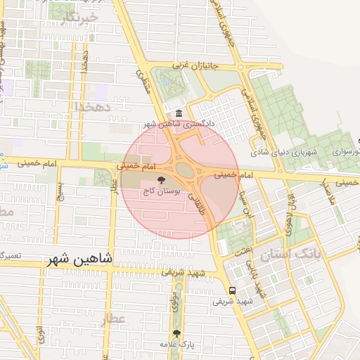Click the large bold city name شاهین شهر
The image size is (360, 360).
pyautogui.click(x=79, y=259)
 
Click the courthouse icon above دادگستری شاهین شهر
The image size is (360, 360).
pyautogui.click(x=179, y=114)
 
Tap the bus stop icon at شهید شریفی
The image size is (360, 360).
pyautogui.click(x=232, y=290)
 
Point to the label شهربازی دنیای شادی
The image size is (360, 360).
pyautogui.click(x=286, y=152)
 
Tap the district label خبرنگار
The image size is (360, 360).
pyautogui.click(x=77, y=19)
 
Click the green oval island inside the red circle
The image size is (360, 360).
pyautogui.click(x=184, y=169)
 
